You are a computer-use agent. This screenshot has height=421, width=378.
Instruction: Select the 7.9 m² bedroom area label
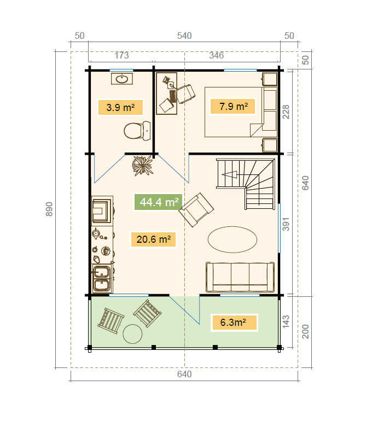point(233,106)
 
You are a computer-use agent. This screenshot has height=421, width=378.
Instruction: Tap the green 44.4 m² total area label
point(159,202)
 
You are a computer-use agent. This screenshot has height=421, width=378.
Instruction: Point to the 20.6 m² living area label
point(153,239)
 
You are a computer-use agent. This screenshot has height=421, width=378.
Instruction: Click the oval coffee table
point(232,239)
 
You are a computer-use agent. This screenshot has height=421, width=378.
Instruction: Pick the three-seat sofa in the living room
point(240,277)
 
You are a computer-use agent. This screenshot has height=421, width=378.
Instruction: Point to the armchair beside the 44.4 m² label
point(196,209)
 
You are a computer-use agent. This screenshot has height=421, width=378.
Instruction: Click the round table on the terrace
point(132,334)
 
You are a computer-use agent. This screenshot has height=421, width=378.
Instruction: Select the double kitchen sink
point(102,278)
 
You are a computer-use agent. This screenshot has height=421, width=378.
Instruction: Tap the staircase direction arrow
point(230,174)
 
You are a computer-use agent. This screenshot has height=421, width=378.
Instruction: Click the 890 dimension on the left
point(49,209)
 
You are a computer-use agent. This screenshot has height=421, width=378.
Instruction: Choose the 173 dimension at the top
point(121,55)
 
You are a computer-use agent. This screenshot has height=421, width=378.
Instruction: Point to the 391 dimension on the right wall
point(286,224)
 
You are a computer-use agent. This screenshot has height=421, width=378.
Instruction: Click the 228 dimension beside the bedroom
point(286,113)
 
